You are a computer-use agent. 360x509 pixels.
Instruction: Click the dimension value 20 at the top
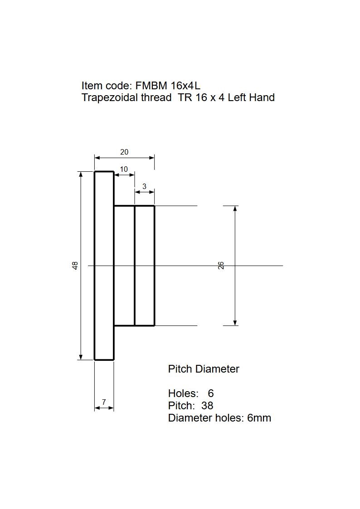point(124,151)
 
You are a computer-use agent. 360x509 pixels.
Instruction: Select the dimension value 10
point(124,169)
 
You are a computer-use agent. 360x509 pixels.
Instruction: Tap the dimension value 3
point(145,186)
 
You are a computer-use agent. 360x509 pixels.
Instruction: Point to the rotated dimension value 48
point(75,266)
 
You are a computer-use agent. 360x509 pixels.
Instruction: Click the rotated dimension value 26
point(221,266)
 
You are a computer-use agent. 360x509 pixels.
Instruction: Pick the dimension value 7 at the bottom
point(104,402)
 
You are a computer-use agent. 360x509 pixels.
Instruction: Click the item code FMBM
point(151,86)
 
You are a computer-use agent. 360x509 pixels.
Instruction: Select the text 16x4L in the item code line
point(185,86)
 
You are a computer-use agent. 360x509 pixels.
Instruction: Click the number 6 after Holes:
point(211,393)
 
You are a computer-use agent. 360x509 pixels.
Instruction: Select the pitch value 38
point(207,406)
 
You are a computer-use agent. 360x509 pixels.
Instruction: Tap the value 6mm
point(259,418)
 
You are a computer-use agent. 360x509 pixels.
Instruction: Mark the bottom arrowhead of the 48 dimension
point(81,357)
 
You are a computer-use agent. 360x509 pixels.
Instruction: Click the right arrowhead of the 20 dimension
point(151,158)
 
